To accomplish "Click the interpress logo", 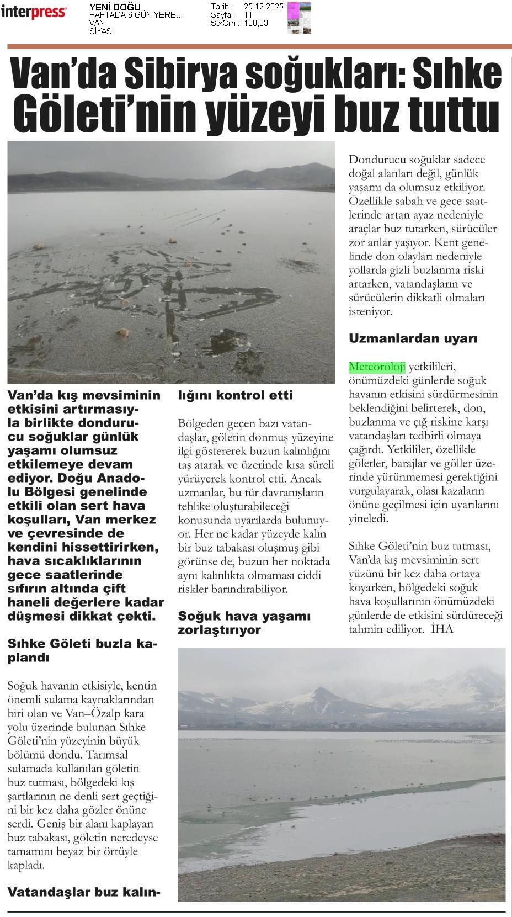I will [34, 12].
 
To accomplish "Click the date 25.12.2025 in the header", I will [263, 7].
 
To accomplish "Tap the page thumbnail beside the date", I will [299, 17].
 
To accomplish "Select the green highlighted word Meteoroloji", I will [377, 367].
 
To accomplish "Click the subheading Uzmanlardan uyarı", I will [413, 338].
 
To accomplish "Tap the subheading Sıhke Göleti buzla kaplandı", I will [83, 650].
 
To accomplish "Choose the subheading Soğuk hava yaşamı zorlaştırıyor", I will [244, 623].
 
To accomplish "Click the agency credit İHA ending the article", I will [442, 629].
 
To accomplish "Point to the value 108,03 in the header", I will [256, 23].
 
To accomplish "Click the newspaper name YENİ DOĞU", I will [115, 7].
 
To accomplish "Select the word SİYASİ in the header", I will [102, 31].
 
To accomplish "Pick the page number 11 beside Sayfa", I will [248, 15].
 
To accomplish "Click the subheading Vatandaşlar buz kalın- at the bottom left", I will [84, 892].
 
